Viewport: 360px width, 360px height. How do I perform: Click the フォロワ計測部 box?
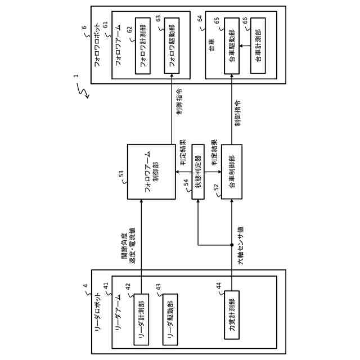click(143, 46)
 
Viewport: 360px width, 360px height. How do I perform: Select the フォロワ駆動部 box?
click(172, 46)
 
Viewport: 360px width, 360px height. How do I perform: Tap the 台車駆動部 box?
click(232, 46)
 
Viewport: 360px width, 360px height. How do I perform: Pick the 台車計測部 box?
click(258, 46)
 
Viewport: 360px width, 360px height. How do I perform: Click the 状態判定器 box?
click(198, 172)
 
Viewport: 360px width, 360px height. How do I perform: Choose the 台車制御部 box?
click(232, 172)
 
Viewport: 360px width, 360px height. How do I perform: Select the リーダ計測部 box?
click(141, 319)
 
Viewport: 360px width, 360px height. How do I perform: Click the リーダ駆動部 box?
click(170, 319)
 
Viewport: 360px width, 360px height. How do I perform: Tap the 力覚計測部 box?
click(232, 315)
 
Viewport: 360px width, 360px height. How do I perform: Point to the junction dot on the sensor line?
click(232, 245)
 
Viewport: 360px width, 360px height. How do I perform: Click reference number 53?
click(121, 174)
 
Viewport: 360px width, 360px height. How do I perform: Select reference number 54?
click(186, 183)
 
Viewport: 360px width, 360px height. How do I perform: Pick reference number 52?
click(216, 187)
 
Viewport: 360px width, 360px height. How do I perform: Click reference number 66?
click(245, 21)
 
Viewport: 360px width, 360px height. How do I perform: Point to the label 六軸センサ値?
click(241, 246)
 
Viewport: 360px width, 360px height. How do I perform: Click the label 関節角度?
click(125, 246)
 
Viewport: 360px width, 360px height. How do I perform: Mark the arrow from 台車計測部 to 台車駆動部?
click(245, 46)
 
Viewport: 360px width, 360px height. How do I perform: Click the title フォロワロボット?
click(97, 44)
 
